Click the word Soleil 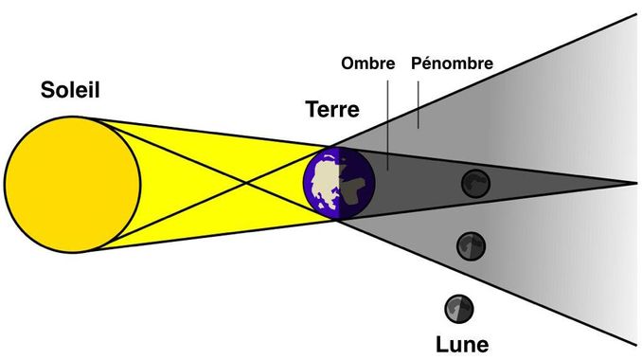pos(70,89)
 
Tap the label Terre pos(332,109)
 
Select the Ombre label pos(367,63)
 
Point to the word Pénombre pos(452,63)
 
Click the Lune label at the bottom pos(462,345)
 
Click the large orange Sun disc pos(73,185)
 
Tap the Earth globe pos(339,184)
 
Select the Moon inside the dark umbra pos(475,184)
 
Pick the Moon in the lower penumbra pos(472,245)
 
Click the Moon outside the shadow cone pos(459,309)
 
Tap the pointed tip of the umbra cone pos(636,183)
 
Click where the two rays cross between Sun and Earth pos(245,183)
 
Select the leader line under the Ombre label pos(387,125)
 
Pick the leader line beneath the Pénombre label pos(418,105)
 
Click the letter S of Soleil pos(47,90)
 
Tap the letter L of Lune pos(441,345)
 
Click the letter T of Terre pos(312,109)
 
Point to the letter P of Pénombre pos(417,63)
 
